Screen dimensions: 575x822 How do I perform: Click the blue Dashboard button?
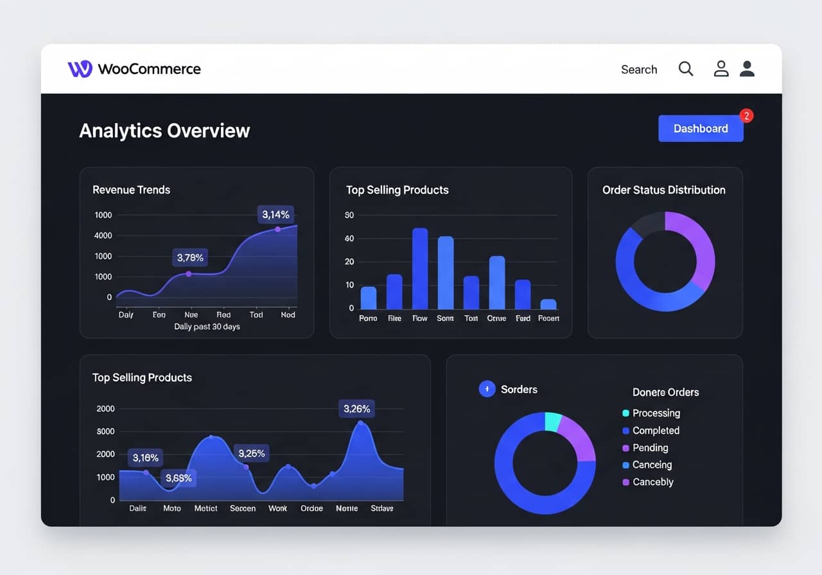pos(701,128)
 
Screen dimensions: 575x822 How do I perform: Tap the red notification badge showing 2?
pos(746,116)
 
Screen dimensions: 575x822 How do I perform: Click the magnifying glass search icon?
pos(686,69)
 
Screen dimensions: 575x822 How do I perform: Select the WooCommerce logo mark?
pos(80,69)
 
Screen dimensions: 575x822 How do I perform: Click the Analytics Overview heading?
pos(164,130)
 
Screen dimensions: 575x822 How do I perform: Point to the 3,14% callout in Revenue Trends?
pos(276,214)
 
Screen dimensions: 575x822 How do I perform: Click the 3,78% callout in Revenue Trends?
pos(190,257)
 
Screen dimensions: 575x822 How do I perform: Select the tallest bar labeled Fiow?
pos(420,269)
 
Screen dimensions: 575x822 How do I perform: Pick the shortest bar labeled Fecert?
pos(548,304)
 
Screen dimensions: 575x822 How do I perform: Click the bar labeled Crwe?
pos(497,282)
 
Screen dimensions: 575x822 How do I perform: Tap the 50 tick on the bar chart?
pos(349,215)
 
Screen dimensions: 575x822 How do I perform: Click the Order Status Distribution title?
pos(664,190)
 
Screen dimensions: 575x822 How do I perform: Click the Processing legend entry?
pos(656,413)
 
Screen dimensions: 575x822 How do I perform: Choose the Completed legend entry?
pos(655,431)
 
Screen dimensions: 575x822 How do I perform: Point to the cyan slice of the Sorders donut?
pos(552,421)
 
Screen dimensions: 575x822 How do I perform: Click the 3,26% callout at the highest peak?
pos(356,409)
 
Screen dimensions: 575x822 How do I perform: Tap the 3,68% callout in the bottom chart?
pos(179,478)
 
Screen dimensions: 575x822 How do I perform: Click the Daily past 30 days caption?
pos(207,327)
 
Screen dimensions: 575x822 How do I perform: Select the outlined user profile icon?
pos(721,69)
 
